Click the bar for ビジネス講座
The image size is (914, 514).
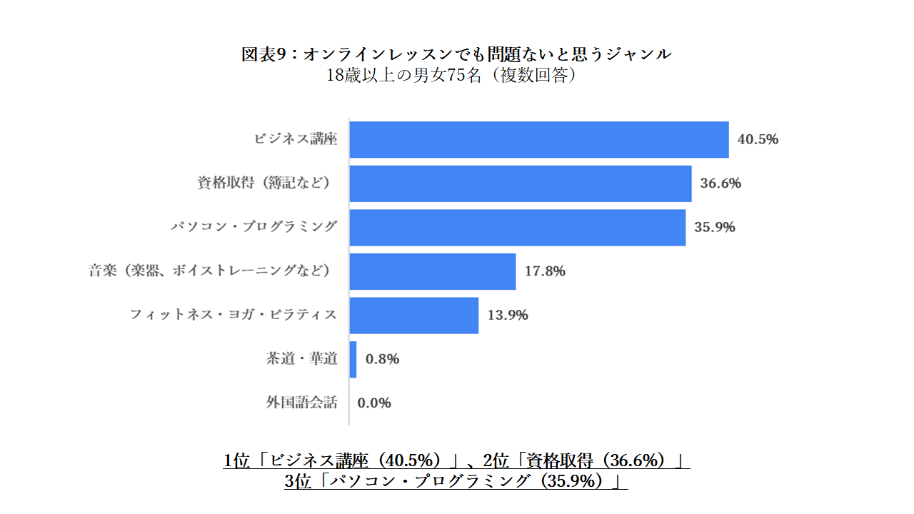click(539, 139)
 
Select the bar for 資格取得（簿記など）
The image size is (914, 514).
click(521, 183)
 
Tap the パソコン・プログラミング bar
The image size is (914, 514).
click(518, 228)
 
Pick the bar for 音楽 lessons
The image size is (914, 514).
click(433, 271)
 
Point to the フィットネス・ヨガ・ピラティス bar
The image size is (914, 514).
click(414, 316)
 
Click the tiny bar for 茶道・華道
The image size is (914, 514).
click(353, 359)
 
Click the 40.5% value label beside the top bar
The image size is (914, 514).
click(758, 139)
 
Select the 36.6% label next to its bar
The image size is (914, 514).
click(720, 183)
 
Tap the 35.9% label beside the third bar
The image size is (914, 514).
click(715, 228)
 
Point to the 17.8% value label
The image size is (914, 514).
click(545, 271)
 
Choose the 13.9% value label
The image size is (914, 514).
click(508, 316)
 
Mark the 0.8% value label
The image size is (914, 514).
click(382, 359)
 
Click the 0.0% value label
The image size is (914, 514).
click(374, 403)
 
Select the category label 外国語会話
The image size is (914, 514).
click(301, 403)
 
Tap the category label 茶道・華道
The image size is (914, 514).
click(301, 359)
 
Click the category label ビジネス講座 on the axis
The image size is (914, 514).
click(296, 139)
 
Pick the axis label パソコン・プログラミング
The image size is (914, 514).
click(253, 228)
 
